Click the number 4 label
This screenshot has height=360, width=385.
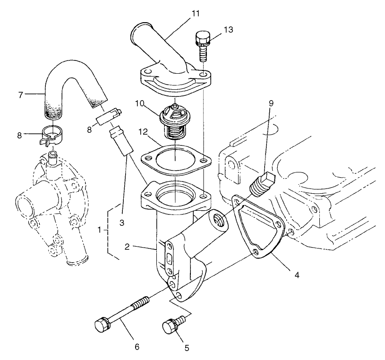[297, 274]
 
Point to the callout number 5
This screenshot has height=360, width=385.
[187, 348]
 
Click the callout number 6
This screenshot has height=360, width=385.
[137, 346]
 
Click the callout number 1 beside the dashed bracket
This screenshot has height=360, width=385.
[100, 230]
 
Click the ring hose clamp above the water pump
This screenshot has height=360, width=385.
[53, 134]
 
